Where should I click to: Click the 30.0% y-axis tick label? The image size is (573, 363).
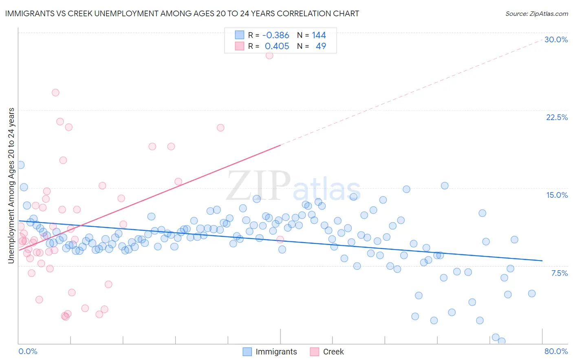[x=556, y=40]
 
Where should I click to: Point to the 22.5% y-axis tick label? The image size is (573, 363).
[x=557, y=118]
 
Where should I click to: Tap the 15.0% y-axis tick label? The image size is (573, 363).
[x=557, y=195]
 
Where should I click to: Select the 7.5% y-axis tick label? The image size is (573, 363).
[x=559, y=273]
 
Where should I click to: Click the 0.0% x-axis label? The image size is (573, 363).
[x=28, y=352]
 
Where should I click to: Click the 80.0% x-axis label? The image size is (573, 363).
[x=556, y=352]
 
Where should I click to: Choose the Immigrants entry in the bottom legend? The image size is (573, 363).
[x=270, y=352]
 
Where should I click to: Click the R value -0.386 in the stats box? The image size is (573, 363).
[x=275, y=35]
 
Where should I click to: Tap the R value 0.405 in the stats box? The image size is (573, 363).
[x=277, y=46]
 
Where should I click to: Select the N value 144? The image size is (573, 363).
[x=319, y=35]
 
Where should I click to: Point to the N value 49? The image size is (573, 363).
[x=321, y=46]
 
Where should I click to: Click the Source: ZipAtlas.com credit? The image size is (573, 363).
[x=536, y=14]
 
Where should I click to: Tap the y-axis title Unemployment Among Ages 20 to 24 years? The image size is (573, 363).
[x=11, y=186]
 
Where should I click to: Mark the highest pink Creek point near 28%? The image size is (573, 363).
[x=269, y=55]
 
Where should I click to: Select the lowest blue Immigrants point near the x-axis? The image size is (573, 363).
[x=502, y=341]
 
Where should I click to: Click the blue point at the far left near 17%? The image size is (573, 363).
[x=20, y=165]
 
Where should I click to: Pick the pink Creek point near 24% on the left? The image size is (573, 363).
[x=55, y=92]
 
